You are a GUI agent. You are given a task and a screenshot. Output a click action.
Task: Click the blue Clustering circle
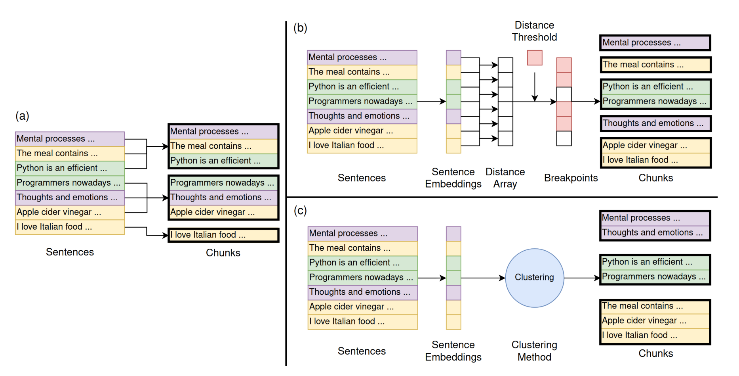[534, 278]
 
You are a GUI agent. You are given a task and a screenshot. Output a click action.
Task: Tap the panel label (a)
[22, 116]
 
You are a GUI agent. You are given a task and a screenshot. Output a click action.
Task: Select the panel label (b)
[300, 28]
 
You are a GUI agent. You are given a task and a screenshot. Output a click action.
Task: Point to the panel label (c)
[300, 210]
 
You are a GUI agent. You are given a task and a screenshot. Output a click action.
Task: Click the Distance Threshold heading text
[534, 31]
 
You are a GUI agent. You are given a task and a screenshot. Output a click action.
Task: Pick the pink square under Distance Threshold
[535, 58]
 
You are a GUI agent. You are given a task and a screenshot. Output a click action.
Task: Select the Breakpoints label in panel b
[571, 178]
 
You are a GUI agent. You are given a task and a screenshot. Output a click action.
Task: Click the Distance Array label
[505, 178]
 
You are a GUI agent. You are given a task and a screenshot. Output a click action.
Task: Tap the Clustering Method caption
[534, 351]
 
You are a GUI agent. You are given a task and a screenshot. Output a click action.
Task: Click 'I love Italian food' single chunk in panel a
[223, 235]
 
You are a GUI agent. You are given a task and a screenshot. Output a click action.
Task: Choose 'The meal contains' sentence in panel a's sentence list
[70, 153]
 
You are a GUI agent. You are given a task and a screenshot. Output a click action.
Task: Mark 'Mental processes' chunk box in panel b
[655, 43]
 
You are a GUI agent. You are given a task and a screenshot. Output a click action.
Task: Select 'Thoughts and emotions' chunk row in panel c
[655, 233]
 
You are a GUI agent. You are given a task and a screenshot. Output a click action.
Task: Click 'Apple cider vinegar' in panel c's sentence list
[362, 307]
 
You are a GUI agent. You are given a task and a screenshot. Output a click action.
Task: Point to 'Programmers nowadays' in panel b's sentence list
[362, 101]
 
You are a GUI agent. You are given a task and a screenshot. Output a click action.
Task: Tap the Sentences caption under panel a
[70, 252]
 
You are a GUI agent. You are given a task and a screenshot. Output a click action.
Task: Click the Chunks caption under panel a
[223, 253]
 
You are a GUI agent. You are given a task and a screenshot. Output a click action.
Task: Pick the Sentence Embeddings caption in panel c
[453, 351]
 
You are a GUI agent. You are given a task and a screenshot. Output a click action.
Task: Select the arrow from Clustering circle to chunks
[582, 278]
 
